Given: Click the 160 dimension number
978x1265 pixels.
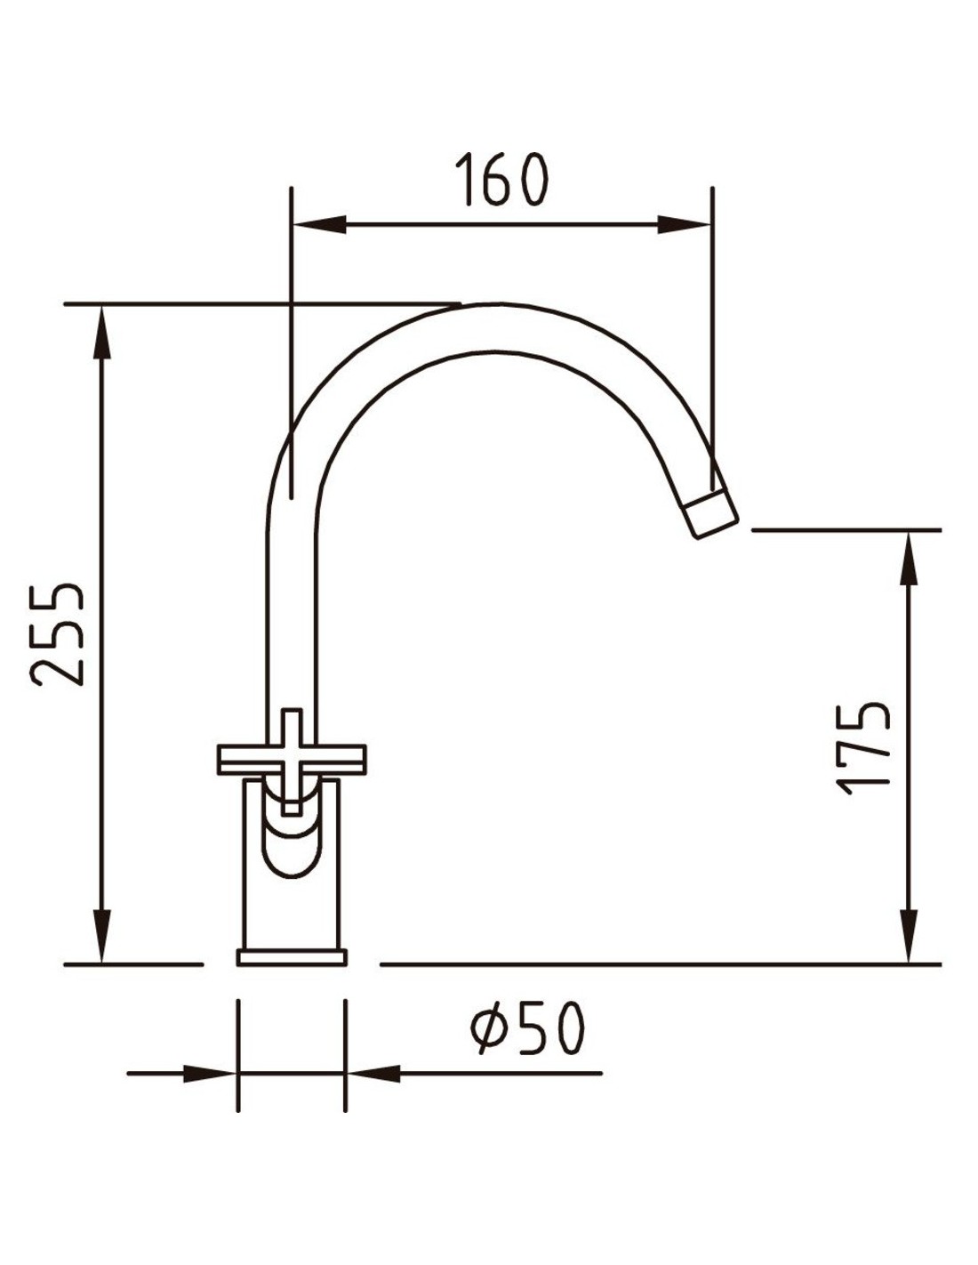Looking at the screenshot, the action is tap(501, 179).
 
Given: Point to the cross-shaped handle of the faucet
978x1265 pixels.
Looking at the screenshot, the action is tap(291, 760).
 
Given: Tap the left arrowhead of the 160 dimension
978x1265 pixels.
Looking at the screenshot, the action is tap(320, 224).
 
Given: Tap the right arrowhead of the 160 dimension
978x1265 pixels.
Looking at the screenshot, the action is tap(685, 224).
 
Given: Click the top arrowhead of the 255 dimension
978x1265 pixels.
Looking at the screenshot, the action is tap(102, 332).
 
